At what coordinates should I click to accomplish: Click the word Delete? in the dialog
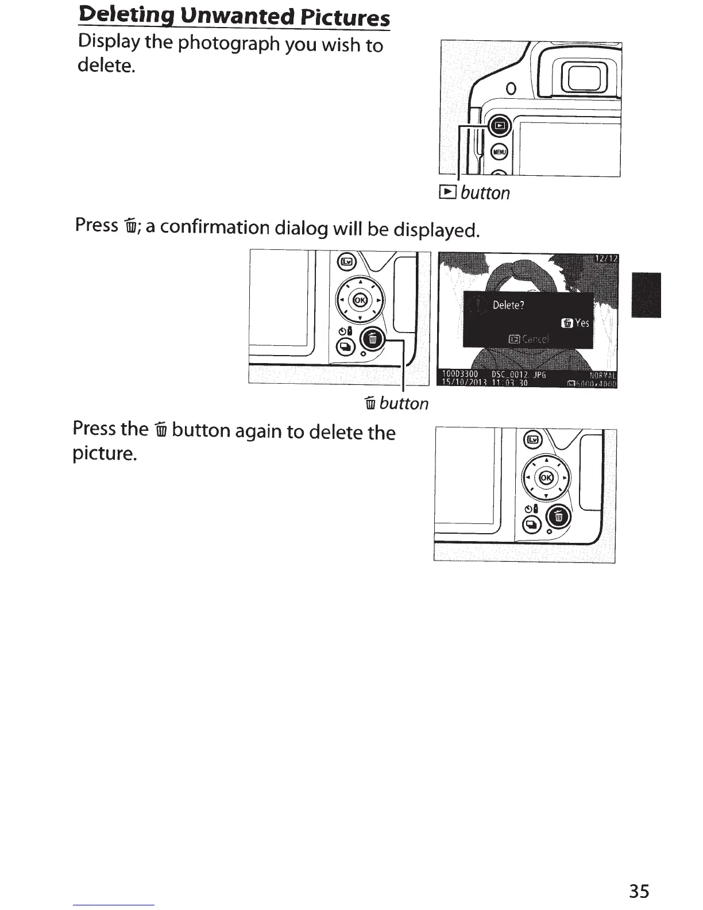508,305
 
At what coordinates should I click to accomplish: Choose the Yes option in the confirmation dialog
576,323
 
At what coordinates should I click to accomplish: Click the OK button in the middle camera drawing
360,299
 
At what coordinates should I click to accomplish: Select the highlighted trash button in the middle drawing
372,340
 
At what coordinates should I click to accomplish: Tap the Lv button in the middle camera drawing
347,262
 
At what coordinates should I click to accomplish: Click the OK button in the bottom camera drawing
546,477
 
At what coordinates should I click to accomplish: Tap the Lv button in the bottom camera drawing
534,440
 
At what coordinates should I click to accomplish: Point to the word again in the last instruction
256,431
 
